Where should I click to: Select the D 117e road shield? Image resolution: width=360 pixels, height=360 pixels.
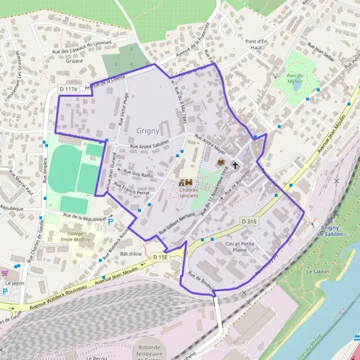[69, 89]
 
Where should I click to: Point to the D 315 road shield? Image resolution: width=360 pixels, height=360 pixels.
[250, 221]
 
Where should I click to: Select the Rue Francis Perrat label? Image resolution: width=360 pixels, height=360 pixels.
[131, 188]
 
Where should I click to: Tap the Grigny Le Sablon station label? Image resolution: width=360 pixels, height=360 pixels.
[331, 230]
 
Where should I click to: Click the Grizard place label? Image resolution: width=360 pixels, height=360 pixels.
[74, 61]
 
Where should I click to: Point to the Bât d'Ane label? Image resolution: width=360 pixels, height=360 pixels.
[130, 254]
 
